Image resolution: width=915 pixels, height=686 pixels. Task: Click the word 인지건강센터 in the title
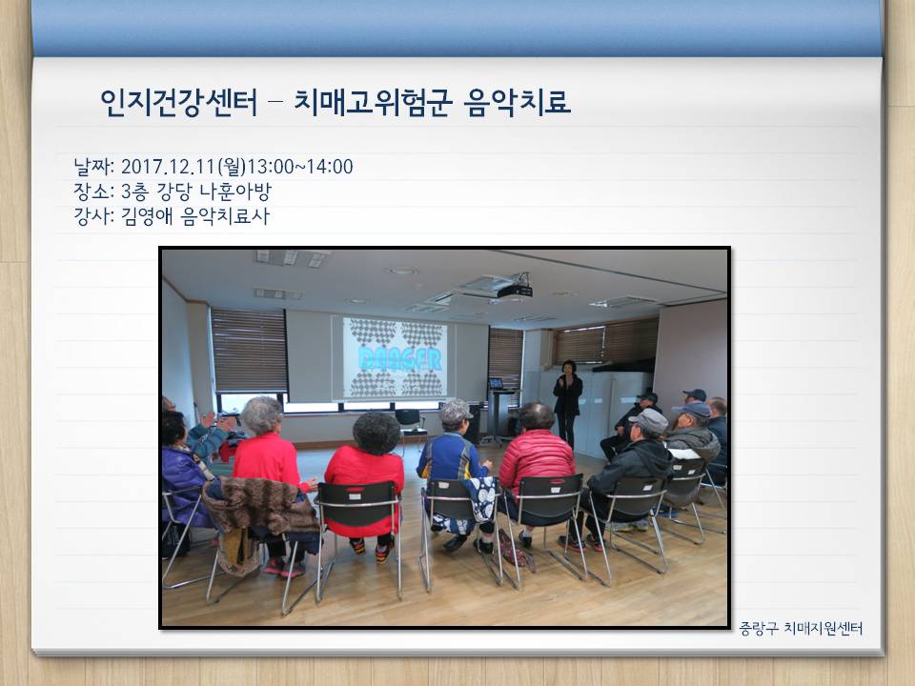click(178, 103)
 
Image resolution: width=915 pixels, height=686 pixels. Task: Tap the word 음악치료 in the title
click(517, 103)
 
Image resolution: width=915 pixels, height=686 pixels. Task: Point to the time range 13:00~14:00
click(300, 167)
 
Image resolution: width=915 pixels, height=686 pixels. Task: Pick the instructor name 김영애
click(147, 216)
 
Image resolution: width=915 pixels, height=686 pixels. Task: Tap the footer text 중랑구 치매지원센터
click(801, 628)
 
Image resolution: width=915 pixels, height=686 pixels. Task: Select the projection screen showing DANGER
click(395, 357)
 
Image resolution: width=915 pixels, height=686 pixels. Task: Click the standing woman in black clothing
click(567, 404)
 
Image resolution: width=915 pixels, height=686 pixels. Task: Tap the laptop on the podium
click(496, 384)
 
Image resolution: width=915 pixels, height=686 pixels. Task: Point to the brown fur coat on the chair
click(259, 505)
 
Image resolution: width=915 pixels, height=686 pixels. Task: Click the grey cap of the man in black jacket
click(648, 419)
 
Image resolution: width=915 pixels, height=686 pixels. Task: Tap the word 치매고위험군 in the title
click(373, 103)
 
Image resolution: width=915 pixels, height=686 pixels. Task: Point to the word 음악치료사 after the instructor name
click(225, 216)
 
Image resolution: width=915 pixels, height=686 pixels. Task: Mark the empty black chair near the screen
click(411, 423)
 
